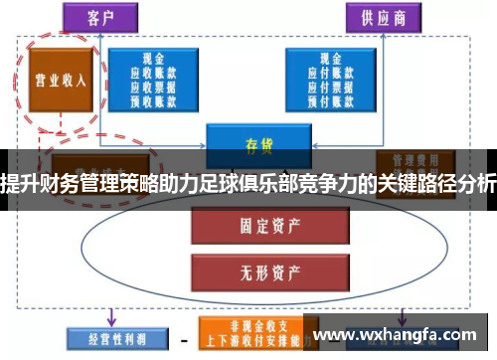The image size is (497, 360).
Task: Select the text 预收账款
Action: [x=153, y=97]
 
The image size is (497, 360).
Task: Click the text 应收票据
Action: [x=153, y=85]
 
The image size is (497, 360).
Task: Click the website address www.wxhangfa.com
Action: [x=397, y=333]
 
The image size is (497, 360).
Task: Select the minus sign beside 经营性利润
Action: [x=183, y=335]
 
